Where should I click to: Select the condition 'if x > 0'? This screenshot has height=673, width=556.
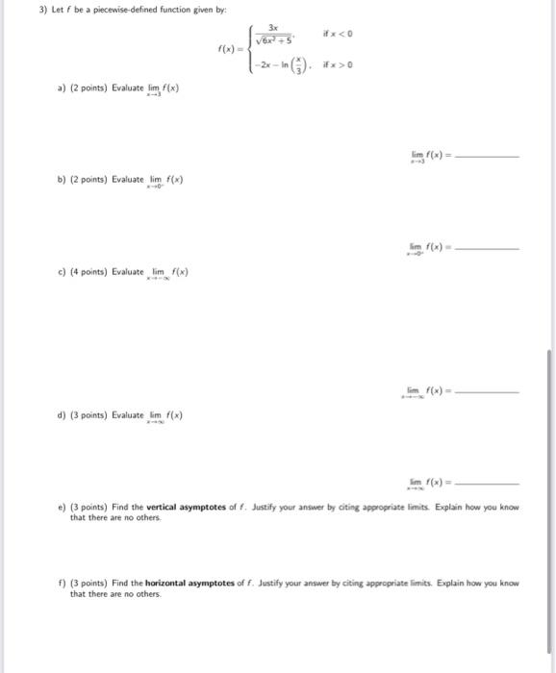tap(344, 65)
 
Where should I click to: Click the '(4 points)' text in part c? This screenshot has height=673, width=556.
tap(89, 272)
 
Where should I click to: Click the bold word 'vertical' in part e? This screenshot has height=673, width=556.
tap(160, 505)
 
